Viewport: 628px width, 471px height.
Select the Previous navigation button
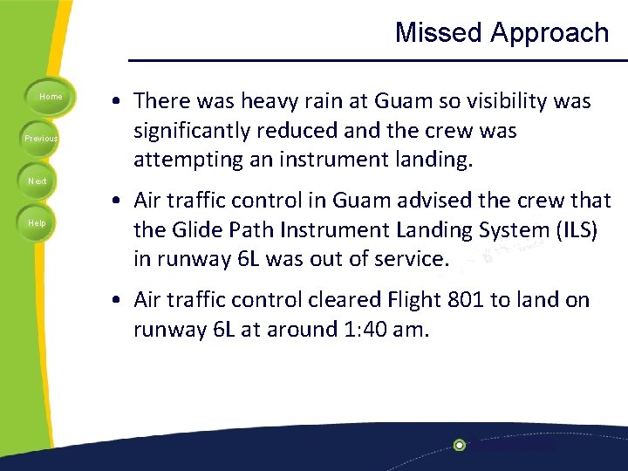[x=40, y=139]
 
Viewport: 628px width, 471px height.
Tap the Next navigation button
[x=38, y=181]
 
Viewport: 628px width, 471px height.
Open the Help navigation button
[x=38, y=223]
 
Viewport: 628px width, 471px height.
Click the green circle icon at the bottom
[x=460, y=445]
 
